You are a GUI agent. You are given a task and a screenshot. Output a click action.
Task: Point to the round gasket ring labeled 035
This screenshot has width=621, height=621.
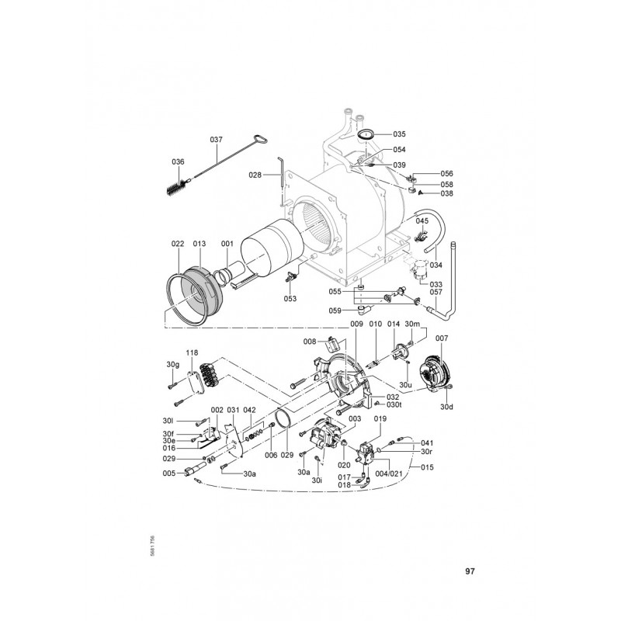click(366, 134)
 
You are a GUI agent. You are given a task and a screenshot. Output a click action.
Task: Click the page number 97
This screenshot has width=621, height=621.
click(470, 571)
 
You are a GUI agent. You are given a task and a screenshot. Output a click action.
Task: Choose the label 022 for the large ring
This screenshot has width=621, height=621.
click(177, 243)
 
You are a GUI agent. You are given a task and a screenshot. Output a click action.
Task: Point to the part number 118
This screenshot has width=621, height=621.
click(192, 352)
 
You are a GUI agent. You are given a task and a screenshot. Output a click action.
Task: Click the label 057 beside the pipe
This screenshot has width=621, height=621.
click(436, 292)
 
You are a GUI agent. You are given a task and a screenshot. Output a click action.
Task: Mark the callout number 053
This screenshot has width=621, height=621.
click(290, 299)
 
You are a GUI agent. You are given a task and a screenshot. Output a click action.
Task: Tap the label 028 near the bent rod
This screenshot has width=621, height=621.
click(255, 175)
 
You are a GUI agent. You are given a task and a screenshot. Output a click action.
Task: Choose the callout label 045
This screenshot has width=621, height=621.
click(421, 221)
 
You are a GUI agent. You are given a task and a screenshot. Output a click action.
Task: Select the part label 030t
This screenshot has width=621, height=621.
click(394, 404)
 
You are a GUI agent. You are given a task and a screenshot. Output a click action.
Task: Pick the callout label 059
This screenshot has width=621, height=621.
click(335, 311)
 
